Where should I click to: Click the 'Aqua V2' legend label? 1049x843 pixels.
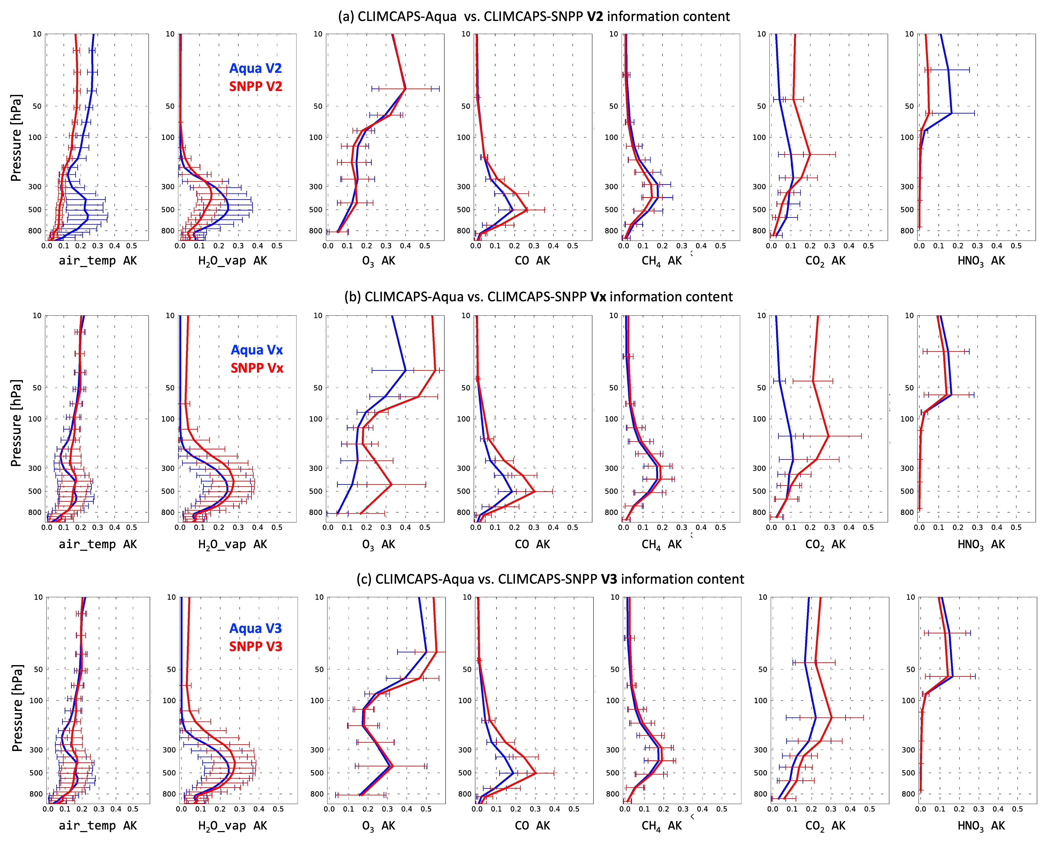point(256,69)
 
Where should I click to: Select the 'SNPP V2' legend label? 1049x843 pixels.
point(256,87)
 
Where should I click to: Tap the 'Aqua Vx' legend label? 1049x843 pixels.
point(256,350)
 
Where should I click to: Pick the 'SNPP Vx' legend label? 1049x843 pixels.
point(256,368)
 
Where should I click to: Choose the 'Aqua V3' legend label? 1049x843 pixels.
point(256,629)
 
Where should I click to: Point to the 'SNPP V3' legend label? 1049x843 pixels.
point(256,646)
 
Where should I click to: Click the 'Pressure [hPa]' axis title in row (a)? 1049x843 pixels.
point(16,138)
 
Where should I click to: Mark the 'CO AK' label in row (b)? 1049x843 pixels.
point(532,545)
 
